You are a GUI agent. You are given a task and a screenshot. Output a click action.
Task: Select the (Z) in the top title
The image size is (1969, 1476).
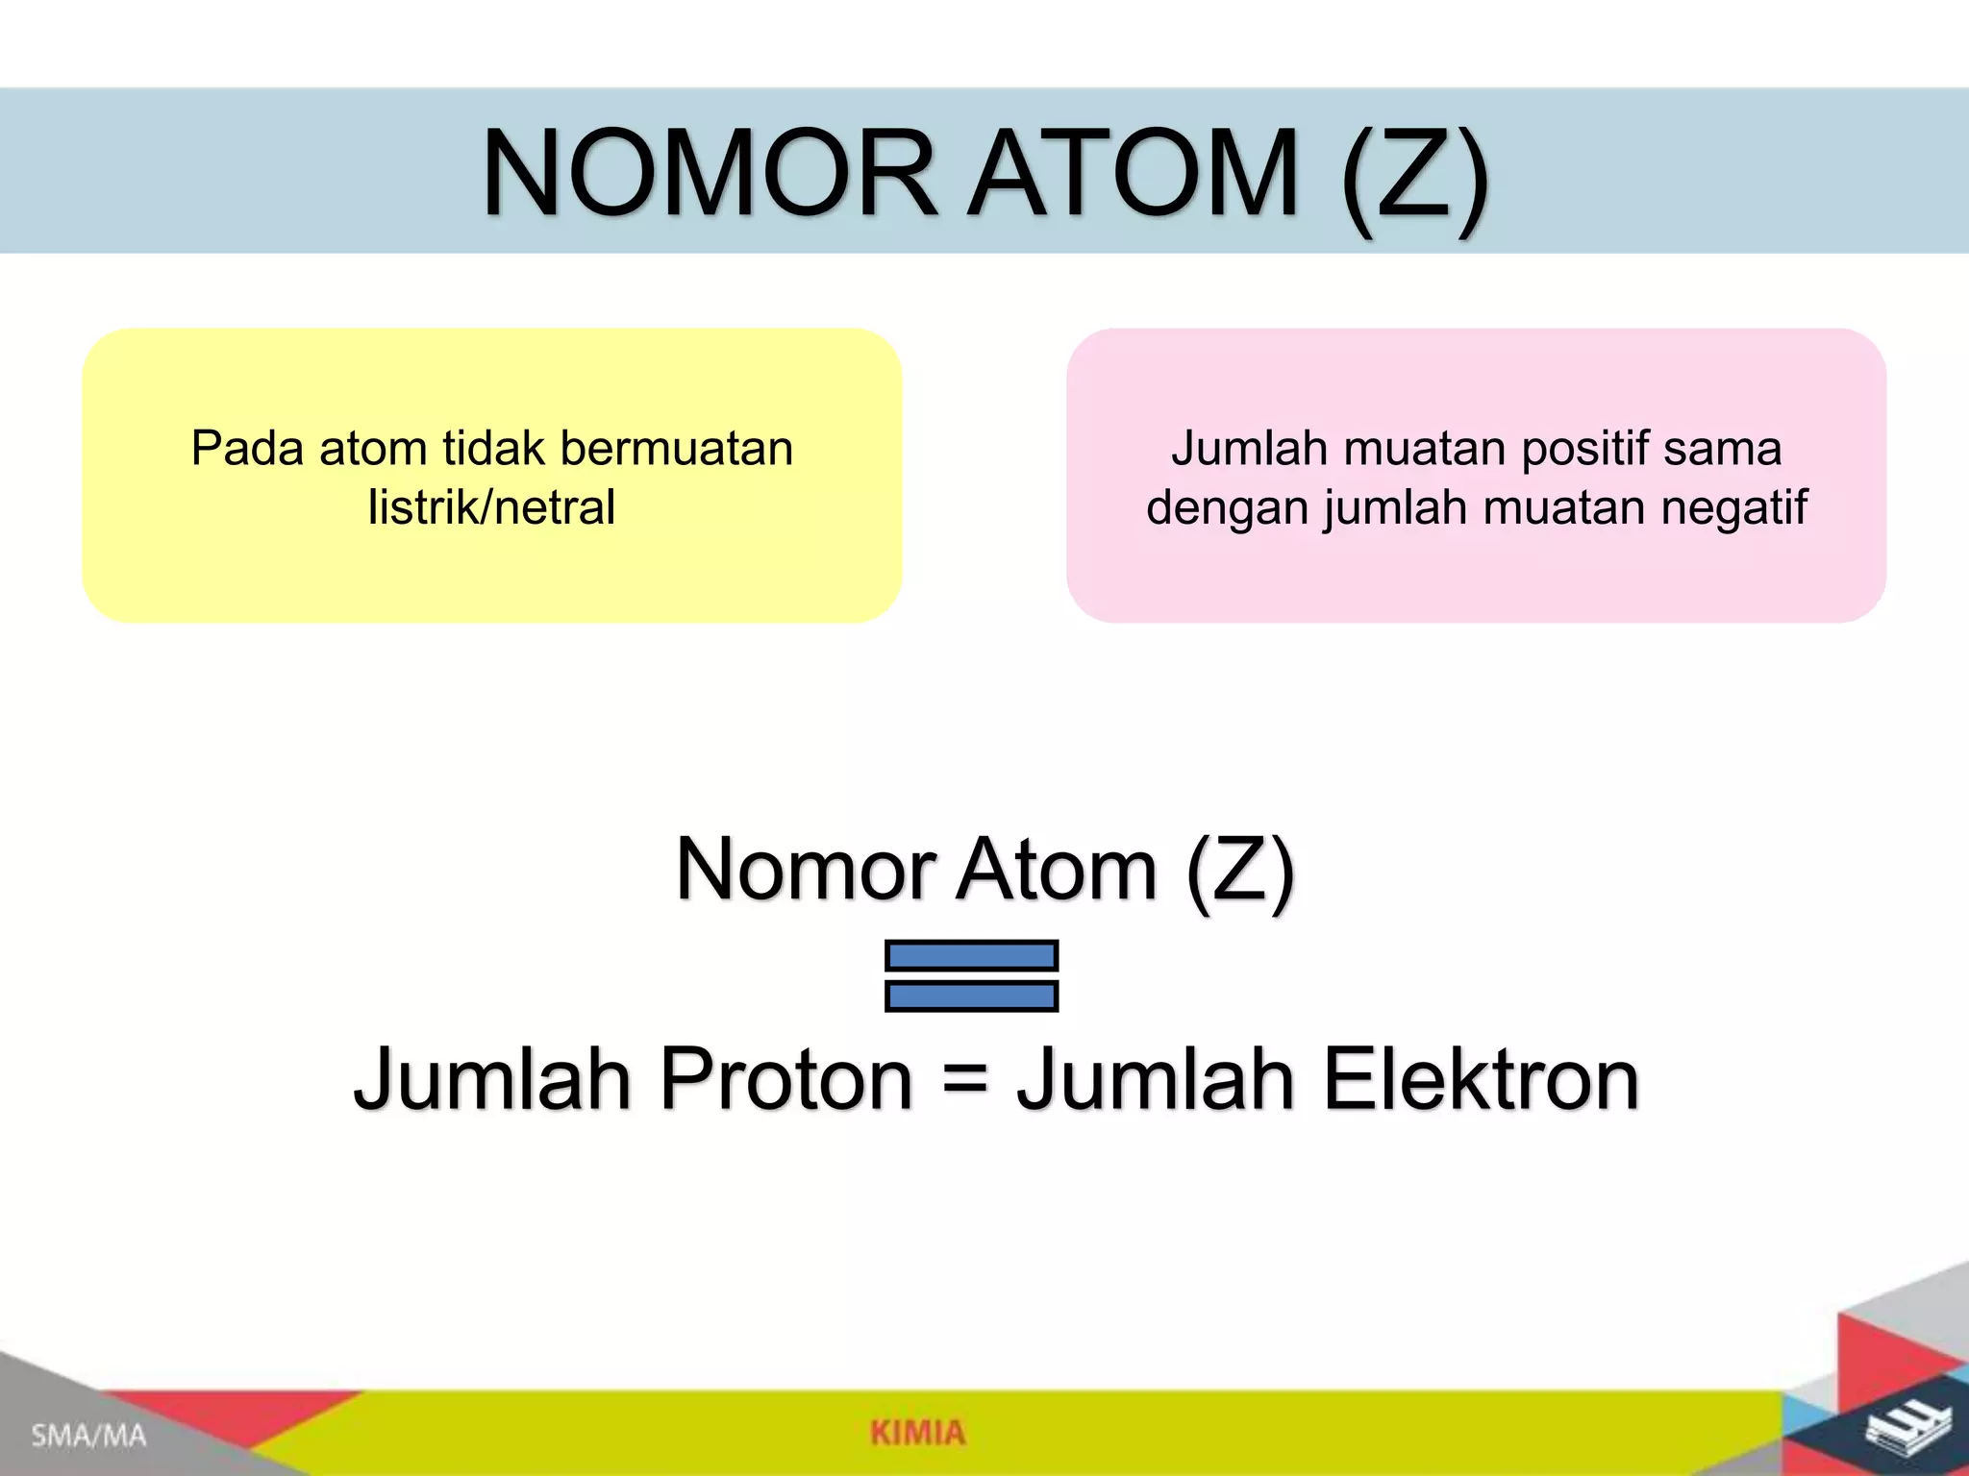(x=1414, y=176)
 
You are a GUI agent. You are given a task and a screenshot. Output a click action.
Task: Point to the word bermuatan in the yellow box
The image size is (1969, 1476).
(x=676, y=449)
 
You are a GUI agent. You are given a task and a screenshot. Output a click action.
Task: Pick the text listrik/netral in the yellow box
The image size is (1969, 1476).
(x=491, y=507)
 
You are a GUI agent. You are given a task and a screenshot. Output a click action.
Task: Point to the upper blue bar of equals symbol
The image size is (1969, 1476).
(x=971, y=955)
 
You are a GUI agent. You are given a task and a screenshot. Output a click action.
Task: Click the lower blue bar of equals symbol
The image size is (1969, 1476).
(x=971, y=996)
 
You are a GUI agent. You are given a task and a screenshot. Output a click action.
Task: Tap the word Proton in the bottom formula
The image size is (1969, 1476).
(x=785, y=1079)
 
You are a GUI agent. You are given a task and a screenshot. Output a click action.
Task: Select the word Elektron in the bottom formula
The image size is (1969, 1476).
(x=1481, y=1079)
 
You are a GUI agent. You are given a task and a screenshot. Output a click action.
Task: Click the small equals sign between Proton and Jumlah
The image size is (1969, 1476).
(x=964, y=1081)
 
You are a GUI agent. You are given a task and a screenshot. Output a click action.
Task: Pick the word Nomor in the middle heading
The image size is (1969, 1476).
(x=806, y=869)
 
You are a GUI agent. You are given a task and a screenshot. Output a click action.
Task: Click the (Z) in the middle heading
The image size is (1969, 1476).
(x=1240, y=871)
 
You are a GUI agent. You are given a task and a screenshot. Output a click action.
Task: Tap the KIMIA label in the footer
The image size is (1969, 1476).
(x=917, y=1433)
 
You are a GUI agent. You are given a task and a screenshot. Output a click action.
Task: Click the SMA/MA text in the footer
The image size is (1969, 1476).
(x=88, y=1437)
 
